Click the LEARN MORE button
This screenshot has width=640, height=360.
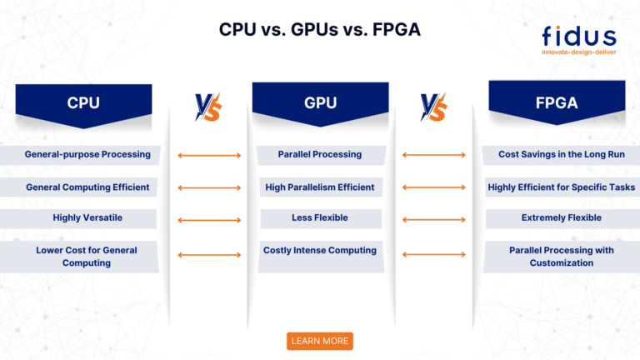click(x=320, y=341)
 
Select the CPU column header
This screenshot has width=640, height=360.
click(x=84, y=102)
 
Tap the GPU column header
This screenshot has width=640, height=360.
click(x=320, y=102)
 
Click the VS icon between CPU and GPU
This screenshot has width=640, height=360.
click(x=207, y=107)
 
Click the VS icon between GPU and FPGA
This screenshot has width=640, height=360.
click(x=433, y=107)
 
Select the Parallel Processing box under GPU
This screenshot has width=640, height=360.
click(x=320, y=154)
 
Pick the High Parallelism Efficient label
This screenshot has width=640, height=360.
click(x=320, y=187)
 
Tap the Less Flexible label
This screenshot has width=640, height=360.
click(x=320, y=218)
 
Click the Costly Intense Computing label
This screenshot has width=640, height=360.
click(x=320, y=250)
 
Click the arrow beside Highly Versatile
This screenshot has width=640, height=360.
click(x=209, y=220)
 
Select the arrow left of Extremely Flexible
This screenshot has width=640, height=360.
click(x=434, y=220)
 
